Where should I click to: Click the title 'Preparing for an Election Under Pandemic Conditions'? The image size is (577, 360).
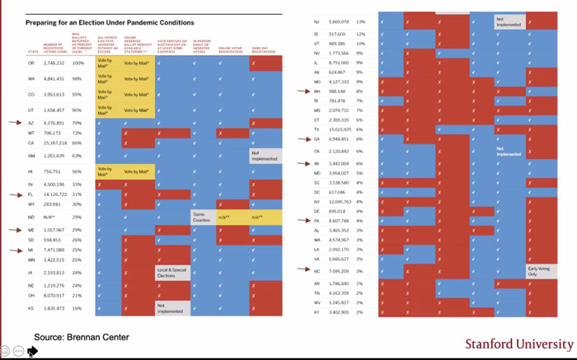[x=110, y=22]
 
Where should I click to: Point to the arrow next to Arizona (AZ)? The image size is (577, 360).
[x=15, y=122]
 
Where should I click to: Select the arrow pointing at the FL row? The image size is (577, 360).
[x=15, y=194]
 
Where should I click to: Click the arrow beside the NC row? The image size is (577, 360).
[x=304, y=270]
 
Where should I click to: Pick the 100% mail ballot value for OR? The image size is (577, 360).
[x=78, y=63]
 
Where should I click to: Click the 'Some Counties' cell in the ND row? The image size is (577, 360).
[x=202, y=217]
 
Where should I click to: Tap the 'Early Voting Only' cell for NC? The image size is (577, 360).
[x=539, y=270]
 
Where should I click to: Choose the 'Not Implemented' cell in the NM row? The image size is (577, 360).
[x=265, y=156]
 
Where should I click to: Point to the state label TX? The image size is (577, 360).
[x=317, y=129]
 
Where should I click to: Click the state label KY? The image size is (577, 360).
[x=317, y=312]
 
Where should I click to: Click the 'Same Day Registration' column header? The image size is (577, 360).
[x=264, y=49]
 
